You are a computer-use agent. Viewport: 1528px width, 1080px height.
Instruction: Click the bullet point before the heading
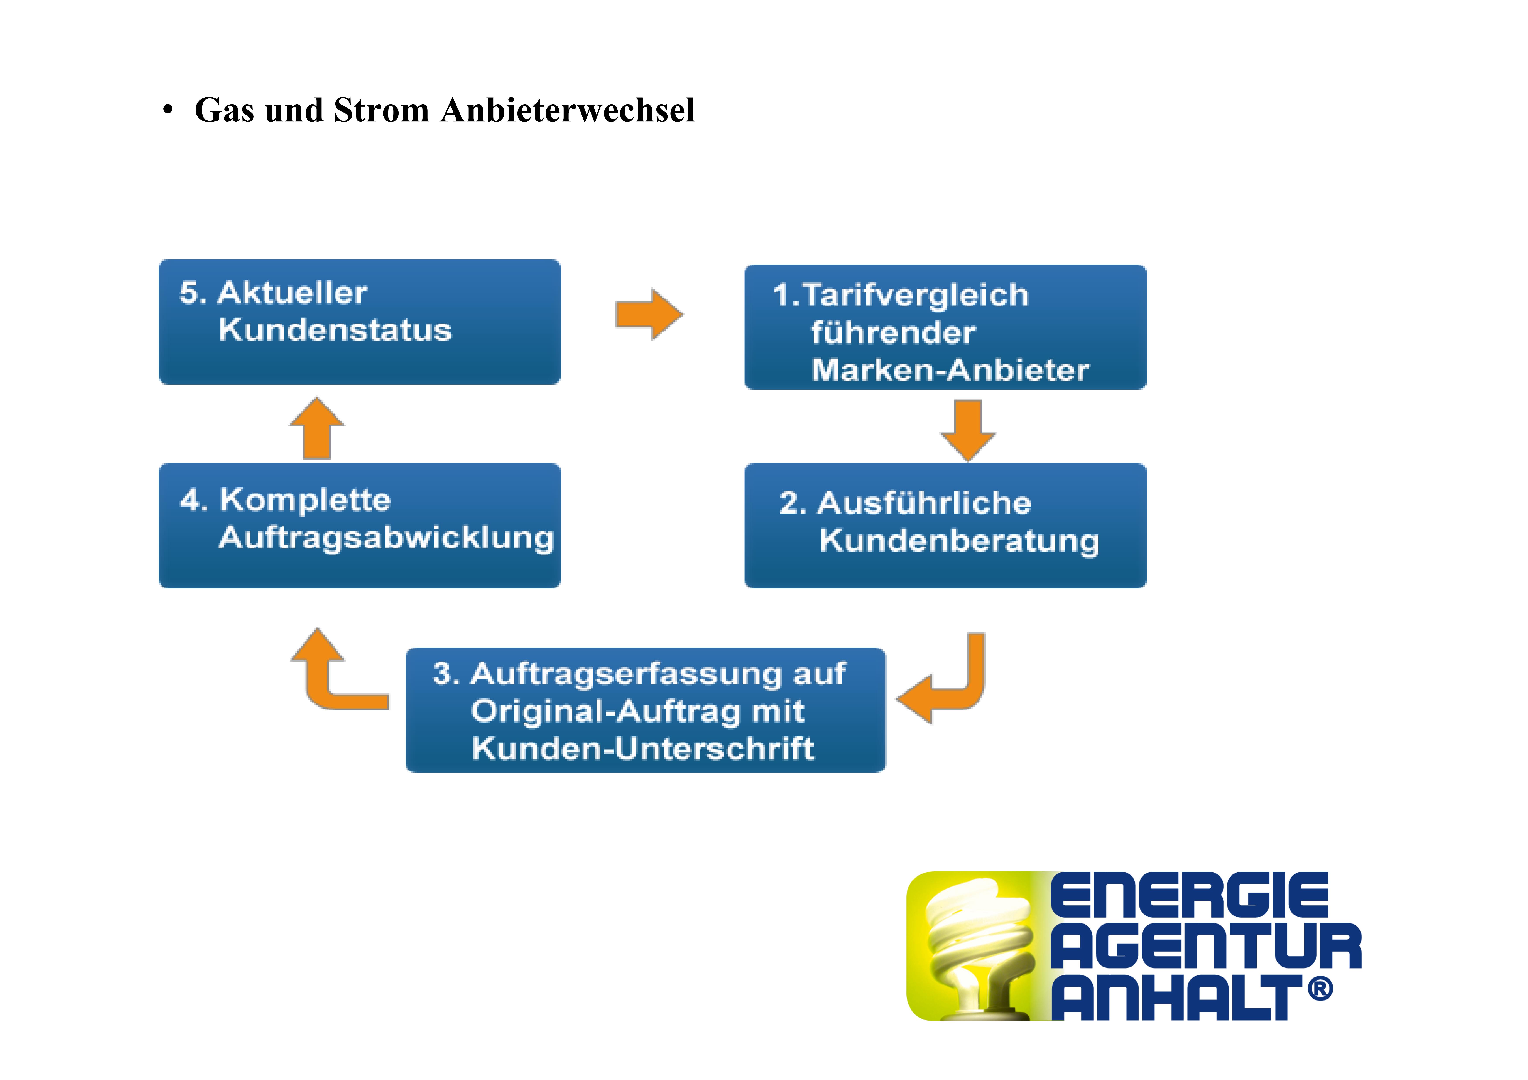pos(168,110)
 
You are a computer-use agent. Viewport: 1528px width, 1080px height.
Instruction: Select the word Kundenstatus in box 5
pos(335,330)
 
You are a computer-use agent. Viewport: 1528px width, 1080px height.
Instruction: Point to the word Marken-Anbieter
pos(950,370)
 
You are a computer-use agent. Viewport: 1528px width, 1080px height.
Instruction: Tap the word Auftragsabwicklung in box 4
pos(386,538)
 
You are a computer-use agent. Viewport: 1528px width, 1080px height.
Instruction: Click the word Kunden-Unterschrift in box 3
pos(642,749)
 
